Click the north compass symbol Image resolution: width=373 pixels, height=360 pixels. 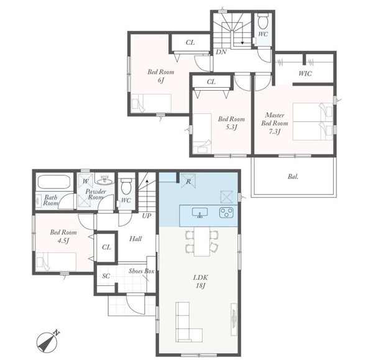pos(48,342)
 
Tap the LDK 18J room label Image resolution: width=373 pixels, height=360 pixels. pos(200,281)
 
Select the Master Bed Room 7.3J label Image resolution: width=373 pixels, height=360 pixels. pos(275,123)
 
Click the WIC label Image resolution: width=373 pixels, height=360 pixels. pos(305,73)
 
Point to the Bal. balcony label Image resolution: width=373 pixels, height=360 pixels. pos(293,177)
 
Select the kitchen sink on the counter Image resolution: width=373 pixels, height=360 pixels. pos(200,213)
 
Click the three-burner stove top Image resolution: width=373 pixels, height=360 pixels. pos(226,213)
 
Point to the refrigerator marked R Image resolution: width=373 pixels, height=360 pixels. pos(188,182)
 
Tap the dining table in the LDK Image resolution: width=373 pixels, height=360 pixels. pos(201,241)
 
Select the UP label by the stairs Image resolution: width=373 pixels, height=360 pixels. pos(147,216)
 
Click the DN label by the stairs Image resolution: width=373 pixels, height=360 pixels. pos(221,52)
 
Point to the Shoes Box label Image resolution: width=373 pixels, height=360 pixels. pos(141,271)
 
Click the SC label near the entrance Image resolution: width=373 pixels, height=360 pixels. pos(106,276)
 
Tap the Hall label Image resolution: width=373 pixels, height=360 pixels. pos(136,239)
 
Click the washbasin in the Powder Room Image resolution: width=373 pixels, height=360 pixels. pos(104,180)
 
